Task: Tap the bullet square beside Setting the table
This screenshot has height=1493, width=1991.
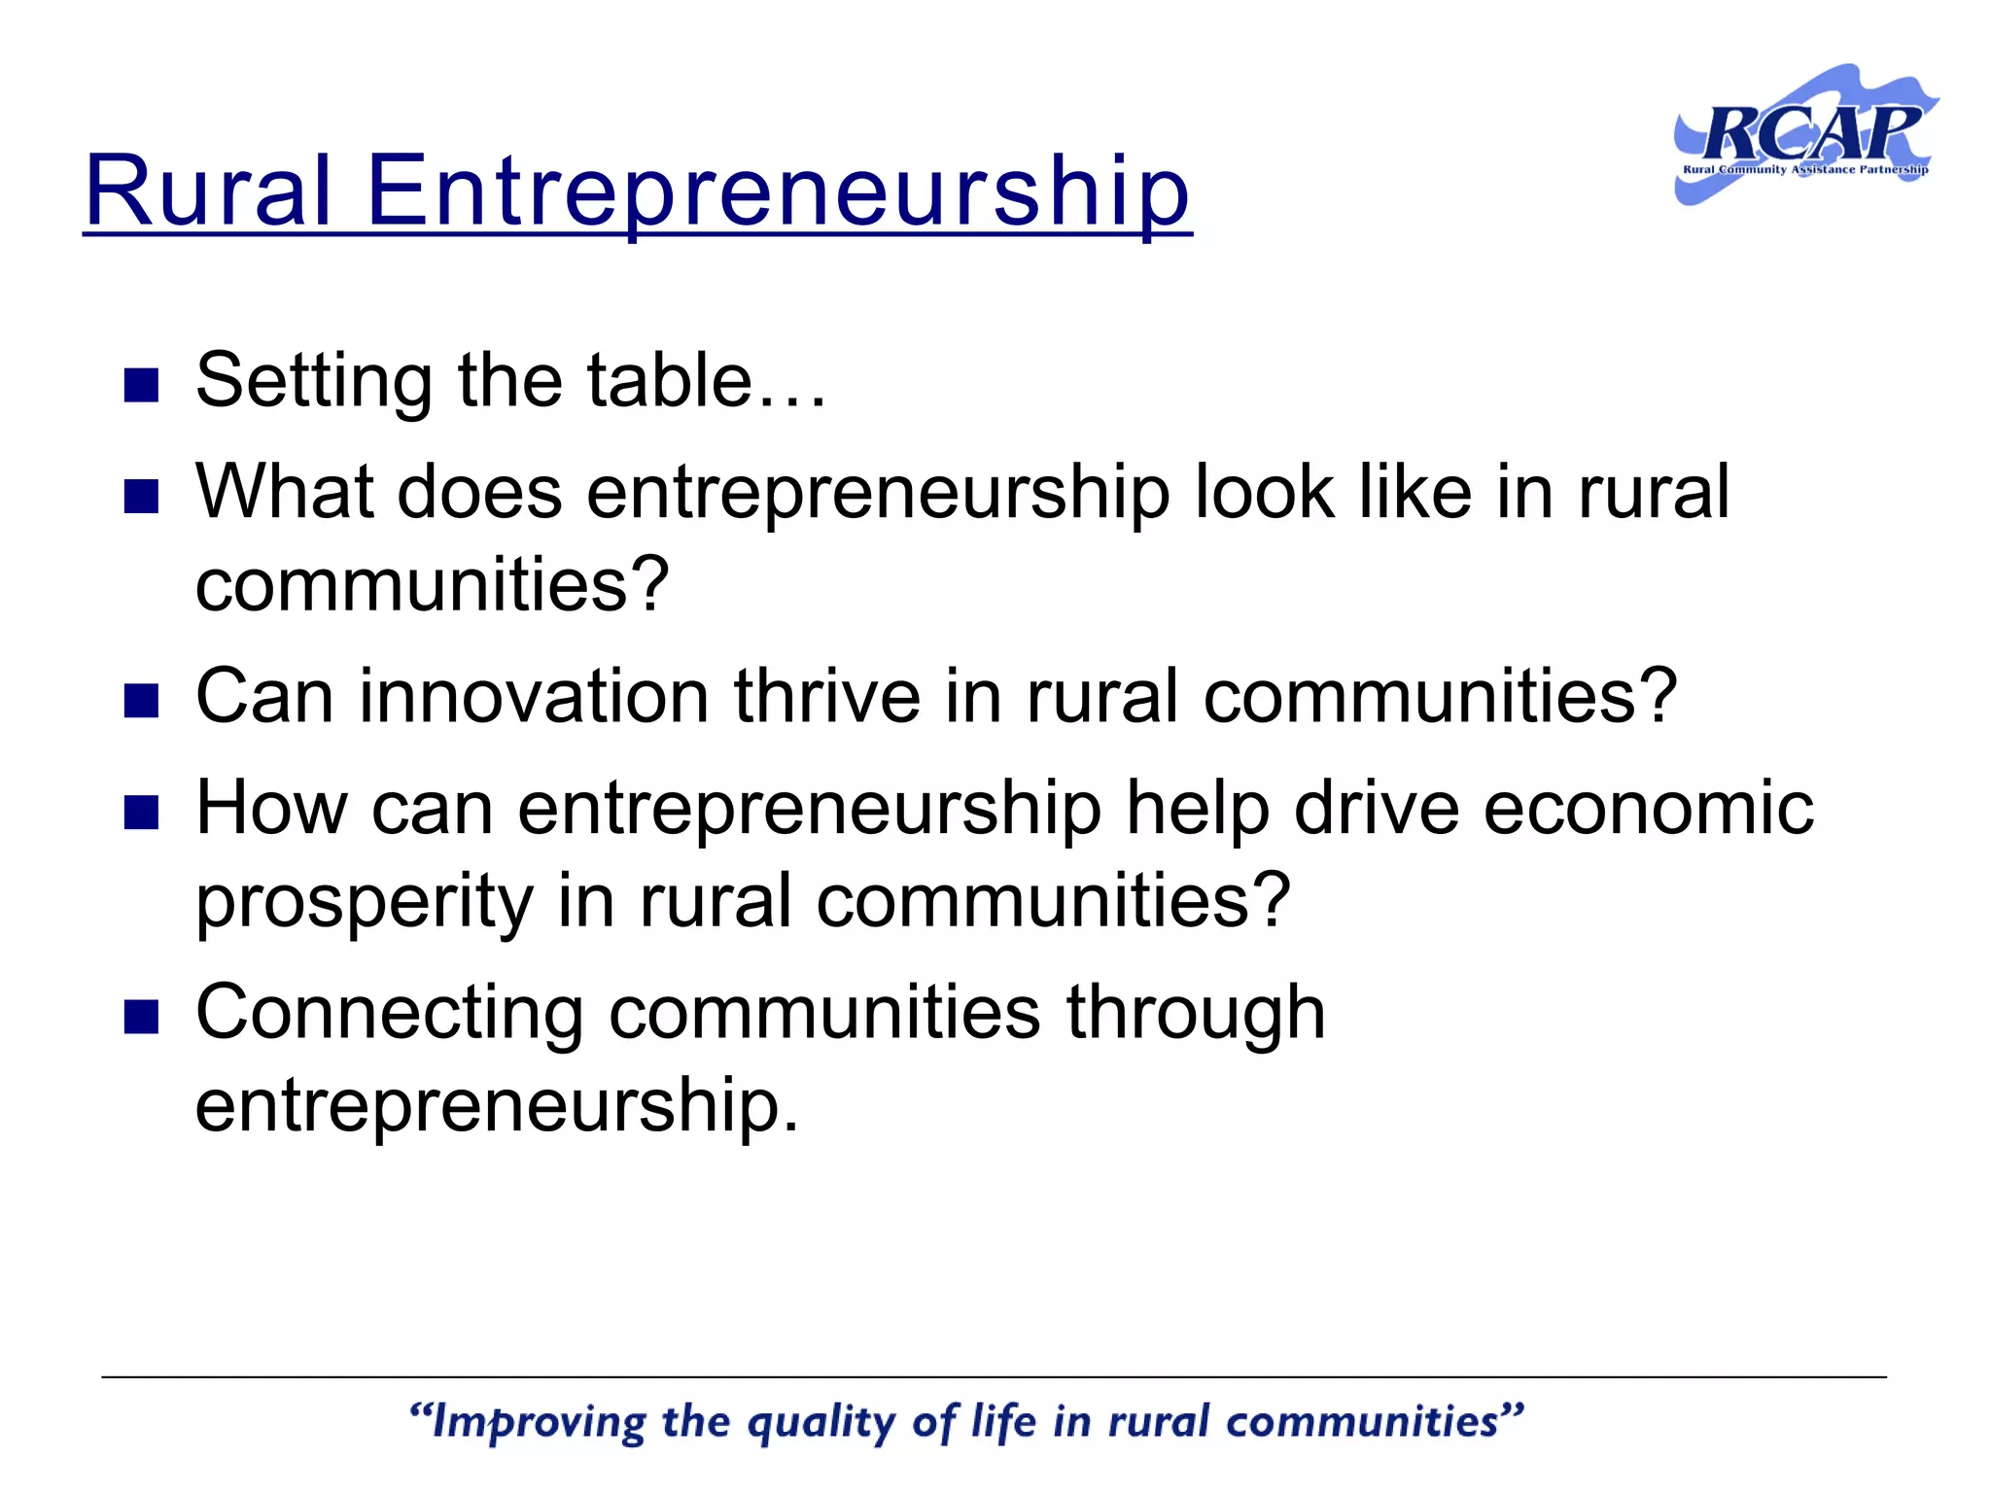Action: click(142, 385)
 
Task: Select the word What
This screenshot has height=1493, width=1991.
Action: click(284, 491)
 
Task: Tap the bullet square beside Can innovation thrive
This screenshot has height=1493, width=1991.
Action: click(142, 701)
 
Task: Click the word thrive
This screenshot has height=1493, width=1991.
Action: click(826, 696)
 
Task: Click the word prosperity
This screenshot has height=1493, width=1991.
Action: click(365, 902)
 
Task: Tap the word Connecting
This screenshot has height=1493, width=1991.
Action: click(390, 1013)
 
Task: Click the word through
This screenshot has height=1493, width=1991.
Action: click(1196, 1013)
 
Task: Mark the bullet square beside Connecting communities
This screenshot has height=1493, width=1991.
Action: click(142, 1018)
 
